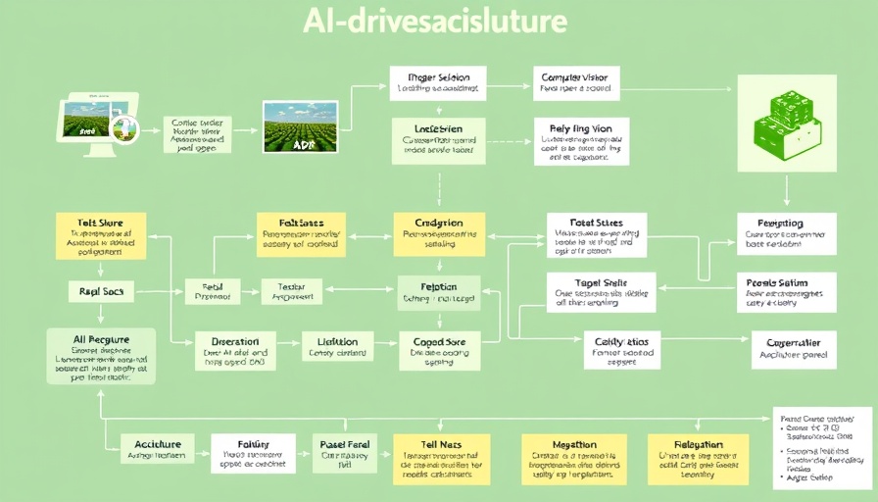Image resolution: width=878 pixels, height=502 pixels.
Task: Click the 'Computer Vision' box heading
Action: tap(573, 76)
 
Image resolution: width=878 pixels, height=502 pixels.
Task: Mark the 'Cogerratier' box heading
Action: tap(792, 343)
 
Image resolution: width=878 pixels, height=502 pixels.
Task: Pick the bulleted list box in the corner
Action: tap(821, 447)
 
